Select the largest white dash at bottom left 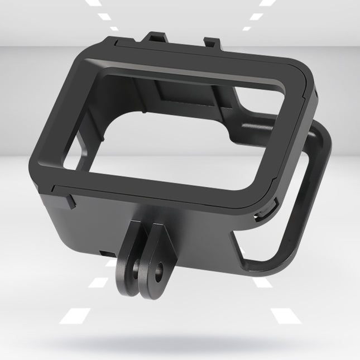click(x=75, y=316)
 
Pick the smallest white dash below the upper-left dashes click(x=114, y=29)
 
